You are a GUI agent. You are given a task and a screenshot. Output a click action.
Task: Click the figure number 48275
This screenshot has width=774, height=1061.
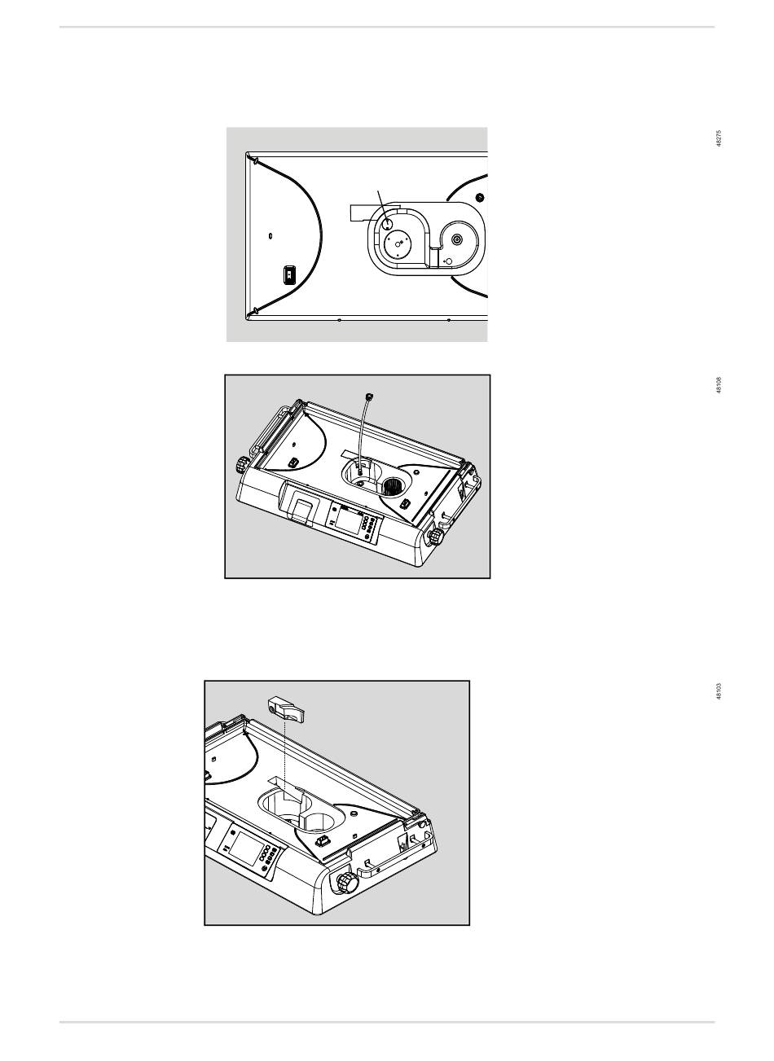[x=718, y=138]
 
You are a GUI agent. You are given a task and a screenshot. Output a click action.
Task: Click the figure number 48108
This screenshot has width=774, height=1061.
[x=718, y=384]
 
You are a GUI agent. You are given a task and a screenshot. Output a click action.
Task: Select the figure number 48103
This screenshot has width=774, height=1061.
[x=718, y=691]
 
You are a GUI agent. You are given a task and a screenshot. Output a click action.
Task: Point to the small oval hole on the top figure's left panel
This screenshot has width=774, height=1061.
[x=270, y=237]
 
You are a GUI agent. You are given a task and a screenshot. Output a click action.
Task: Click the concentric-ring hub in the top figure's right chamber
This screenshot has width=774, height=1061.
[x=456, y=239]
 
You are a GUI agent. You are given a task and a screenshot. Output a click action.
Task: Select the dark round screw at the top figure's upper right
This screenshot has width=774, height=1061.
[x=480, y=198]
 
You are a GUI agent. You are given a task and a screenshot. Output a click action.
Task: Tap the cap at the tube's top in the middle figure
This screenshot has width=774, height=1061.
[x=372, y=395]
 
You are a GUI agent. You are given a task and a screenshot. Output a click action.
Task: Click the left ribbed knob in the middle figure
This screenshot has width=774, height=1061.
[x=241, y=466]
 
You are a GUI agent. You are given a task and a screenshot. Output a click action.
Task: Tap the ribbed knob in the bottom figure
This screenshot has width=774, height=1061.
[x=346, y=883]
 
